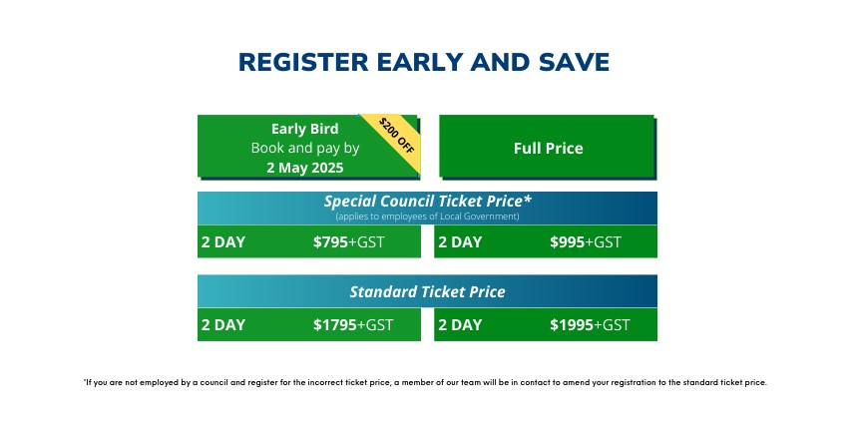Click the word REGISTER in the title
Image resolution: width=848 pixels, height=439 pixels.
pos(303,62)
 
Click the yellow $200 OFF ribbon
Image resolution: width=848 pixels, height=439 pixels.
pos(396,135)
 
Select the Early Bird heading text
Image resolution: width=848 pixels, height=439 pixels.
pos(305,129)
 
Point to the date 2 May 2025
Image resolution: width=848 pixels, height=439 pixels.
pos(305,168)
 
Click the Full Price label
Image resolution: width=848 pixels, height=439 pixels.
pos(549,148)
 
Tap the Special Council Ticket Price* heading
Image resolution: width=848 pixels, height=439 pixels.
pos(428,202)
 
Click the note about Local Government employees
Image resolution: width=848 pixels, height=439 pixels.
pos(427,217)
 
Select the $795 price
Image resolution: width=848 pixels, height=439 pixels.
pos(330,241)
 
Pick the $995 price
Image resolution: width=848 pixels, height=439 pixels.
pos(568,241)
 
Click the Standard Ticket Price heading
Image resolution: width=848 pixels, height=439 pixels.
pos(427,292)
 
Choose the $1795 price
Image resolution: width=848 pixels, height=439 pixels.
pos(335,324)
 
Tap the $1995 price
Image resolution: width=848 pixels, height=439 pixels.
pos(572,324)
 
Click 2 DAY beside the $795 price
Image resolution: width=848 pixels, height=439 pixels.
pos(223,241)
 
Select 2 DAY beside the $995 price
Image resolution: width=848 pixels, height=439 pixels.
pos(460,241)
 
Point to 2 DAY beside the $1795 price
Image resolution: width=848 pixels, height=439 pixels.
pos(223,324)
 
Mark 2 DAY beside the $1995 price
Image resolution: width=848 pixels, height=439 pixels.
pos(460,324)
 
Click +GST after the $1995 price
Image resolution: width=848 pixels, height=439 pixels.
pos(612,324)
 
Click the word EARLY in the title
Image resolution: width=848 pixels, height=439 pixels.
pos(419,62)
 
